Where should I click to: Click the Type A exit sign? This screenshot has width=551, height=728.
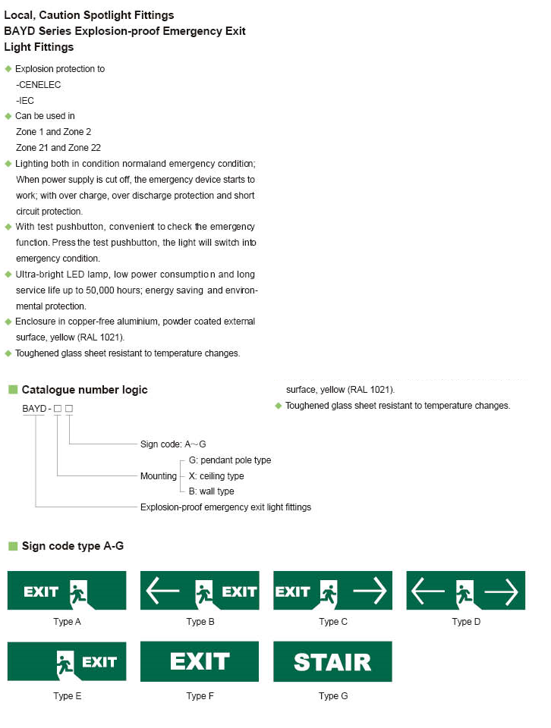[67, 591]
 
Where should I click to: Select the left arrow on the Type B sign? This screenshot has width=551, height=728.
[162, 591]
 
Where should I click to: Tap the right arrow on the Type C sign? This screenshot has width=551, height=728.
[370, 591]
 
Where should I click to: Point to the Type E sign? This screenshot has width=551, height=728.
[67, 661]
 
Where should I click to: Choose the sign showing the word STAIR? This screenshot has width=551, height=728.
[332, 661]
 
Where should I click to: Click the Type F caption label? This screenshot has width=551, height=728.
[200, 696]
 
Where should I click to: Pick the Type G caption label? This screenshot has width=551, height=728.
[333, 696]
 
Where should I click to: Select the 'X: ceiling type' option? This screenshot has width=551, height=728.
[216, 476]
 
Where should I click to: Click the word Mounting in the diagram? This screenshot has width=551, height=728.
[159, 476]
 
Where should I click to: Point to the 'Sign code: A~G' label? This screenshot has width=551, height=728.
[173, 444]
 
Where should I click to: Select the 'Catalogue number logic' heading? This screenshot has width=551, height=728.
[84, 390]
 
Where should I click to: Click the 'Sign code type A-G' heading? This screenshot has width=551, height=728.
[72, 546]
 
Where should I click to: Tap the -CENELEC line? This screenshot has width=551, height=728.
[38, 85]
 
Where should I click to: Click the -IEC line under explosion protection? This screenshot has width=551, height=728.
[25, 101]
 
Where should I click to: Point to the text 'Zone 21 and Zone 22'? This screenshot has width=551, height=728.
[58, 148]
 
